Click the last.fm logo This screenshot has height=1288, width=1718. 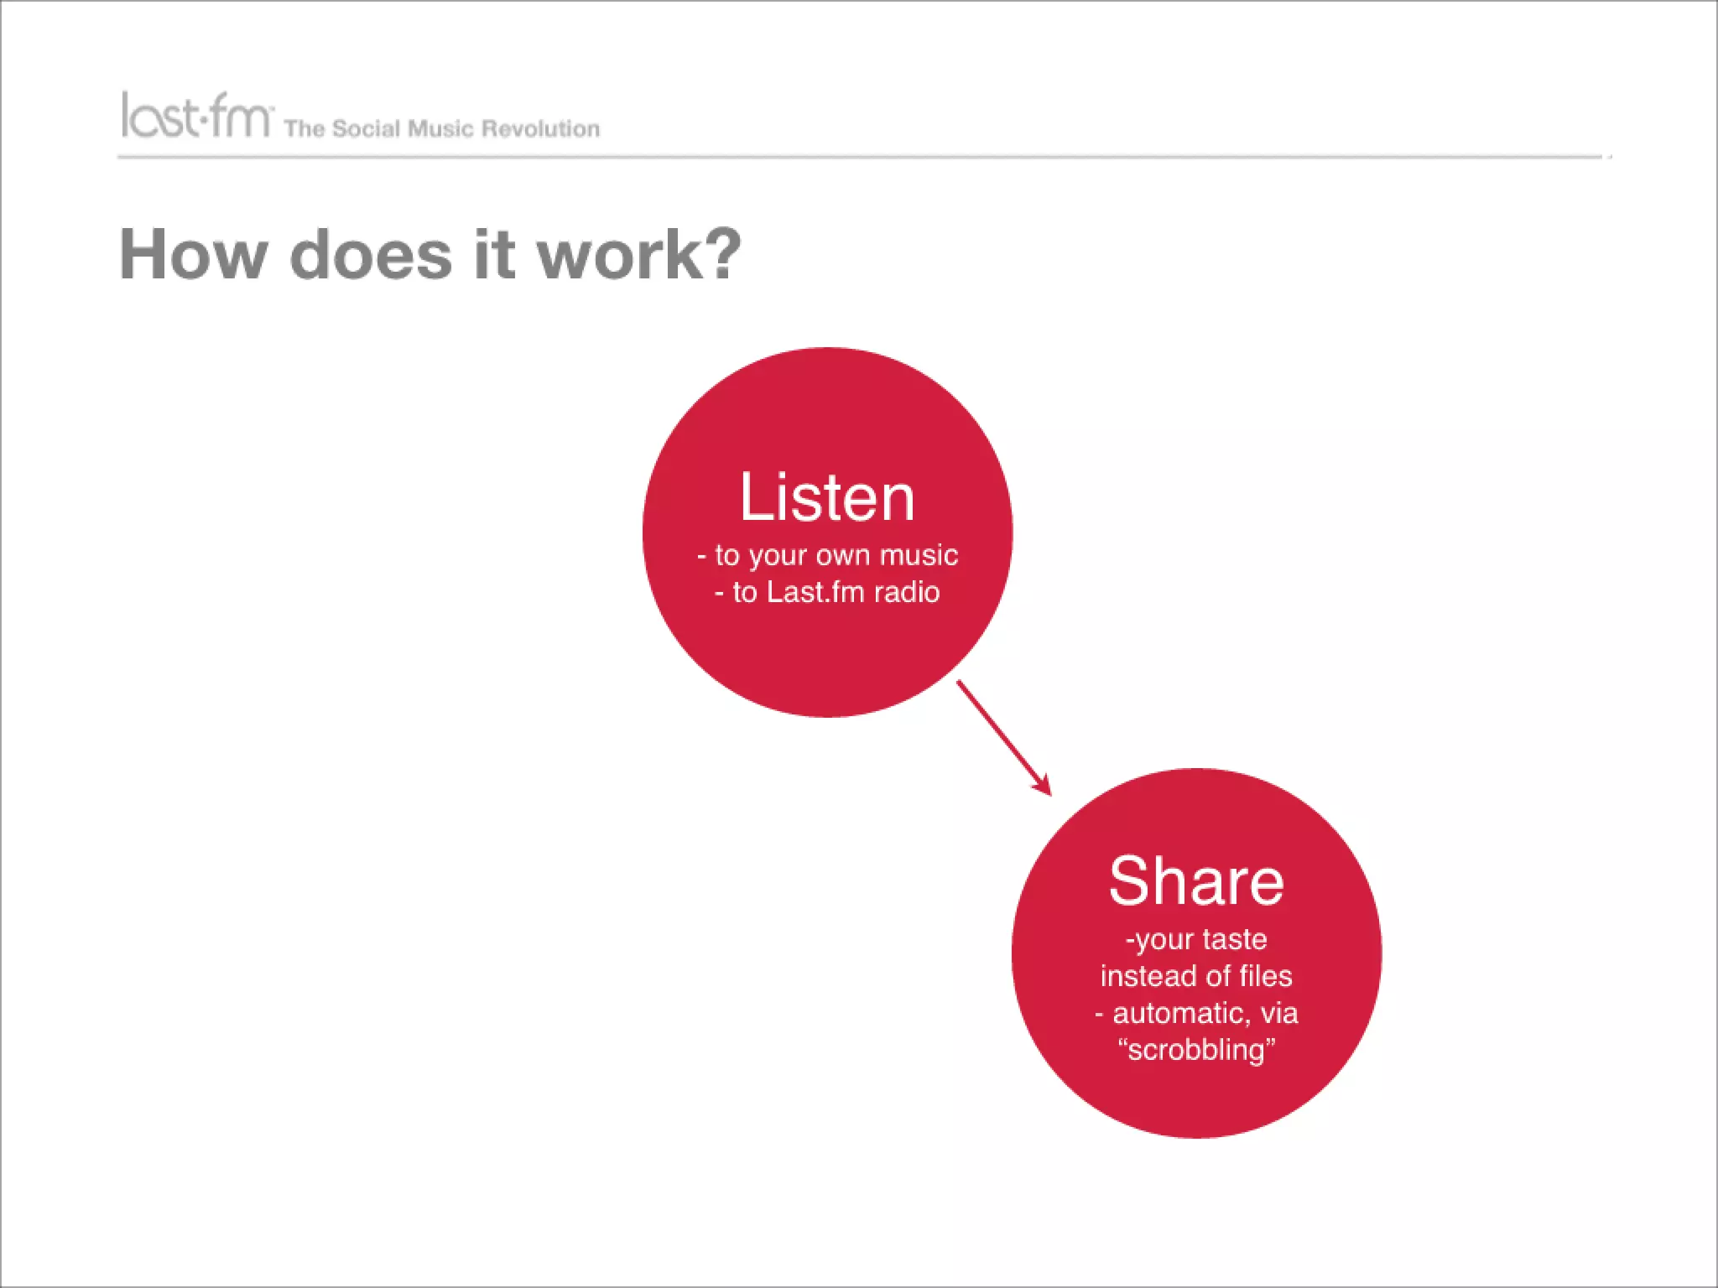pos(196,116)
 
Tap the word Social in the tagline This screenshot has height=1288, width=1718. pos(366,128)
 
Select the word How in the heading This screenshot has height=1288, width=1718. pos(193,254)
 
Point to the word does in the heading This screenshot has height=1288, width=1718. pos(371,254)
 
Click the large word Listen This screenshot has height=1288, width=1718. pos(826,497)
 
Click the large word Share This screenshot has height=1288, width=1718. pos(1195,881)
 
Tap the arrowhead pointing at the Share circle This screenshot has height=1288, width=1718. pos(1044,787)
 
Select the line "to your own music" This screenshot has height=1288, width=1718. pos(836,555)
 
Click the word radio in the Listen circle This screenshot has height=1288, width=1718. pos(907,592)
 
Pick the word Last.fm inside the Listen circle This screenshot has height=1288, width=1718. pos(815,592)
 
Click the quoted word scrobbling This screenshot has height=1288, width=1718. pos(1196,1050)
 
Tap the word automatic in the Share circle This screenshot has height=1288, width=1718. pos(1181,1013)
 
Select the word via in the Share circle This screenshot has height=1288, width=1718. pos(1278,1013)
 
